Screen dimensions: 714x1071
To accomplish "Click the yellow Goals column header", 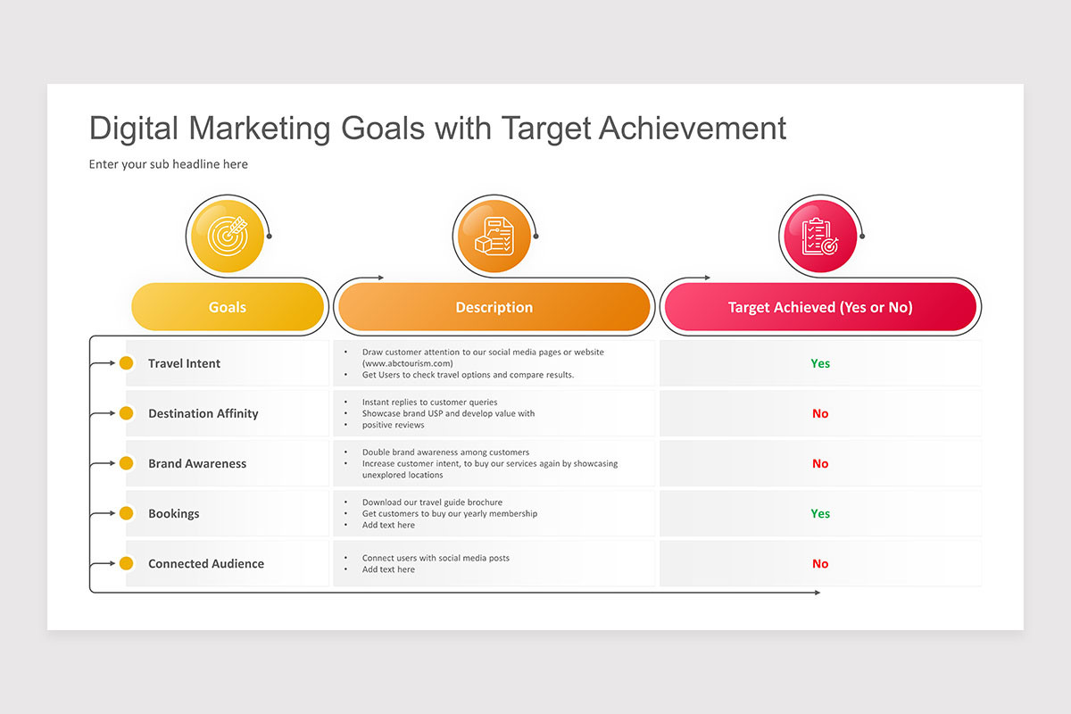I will pos(228,307).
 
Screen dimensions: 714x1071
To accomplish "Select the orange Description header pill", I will pos(494,307).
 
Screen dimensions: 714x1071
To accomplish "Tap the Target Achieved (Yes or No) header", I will pos(819,307).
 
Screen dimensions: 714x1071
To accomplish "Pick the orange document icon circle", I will pos(492,235).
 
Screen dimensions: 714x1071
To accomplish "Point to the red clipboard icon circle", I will pos(818,235).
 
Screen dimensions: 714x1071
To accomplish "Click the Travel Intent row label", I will pos(184,363).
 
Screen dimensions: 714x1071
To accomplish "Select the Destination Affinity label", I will pos(203,413).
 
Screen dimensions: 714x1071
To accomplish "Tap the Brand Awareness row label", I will pos(196,463).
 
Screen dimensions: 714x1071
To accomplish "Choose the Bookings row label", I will pos(173,513).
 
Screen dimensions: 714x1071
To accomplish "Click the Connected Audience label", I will pos(205,563).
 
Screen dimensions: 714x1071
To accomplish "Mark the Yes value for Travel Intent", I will pos(820,363).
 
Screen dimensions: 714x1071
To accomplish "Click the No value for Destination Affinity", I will pos(820,413).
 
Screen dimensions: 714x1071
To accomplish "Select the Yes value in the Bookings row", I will pos(820,513).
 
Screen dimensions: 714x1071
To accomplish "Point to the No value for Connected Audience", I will pos(820,563).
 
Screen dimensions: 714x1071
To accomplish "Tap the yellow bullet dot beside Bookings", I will pos(127,513).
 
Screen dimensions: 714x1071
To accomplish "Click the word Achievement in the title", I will pos(693,129).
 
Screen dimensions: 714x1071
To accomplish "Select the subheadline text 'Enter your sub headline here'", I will pos(168,164).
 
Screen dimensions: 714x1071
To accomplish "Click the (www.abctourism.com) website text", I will pos(407,363).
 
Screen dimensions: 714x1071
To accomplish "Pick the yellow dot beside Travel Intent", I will pos(127,363).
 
